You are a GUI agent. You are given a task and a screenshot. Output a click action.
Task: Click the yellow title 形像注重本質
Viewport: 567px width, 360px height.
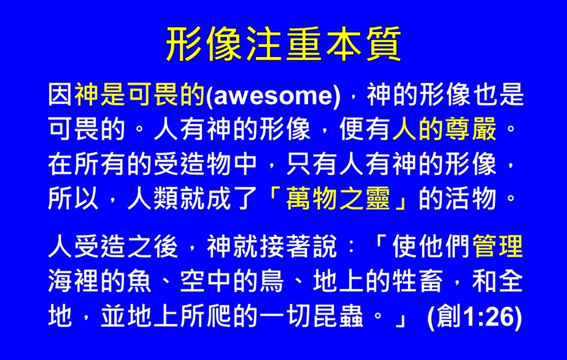click(284, 44)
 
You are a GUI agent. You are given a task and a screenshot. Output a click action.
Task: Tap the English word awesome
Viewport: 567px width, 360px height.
click(272, 95)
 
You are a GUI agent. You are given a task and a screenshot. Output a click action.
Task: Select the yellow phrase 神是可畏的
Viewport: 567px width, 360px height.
click(140, 95)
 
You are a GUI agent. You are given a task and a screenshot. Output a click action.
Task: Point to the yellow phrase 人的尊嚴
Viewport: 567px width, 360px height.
click(444, 129)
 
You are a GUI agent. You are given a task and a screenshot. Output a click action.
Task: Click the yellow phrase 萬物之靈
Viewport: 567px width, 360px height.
click(338, 199)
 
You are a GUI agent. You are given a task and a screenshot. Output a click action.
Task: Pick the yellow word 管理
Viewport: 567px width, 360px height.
click(498, 246)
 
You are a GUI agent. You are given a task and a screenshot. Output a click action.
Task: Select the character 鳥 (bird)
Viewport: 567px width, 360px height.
click(271, 281)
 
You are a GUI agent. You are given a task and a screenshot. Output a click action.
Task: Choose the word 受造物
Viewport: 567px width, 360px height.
click(192, 164)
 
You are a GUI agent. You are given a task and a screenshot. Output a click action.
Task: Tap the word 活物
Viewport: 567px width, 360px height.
click(470, 199)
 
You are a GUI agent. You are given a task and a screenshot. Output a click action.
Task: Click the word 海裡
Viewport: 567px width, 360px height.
click(73, 281)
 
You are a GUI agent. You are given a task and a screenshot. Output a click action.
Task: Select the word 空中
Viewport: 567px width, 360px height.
click(205, 281)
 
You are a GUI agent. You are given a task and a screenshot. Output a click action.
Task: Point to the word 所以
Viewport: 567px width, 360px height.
click(73, 199)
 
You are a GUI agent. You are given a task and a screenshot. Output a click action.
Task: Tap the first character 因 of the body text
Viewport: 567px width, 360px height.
click(60, 95)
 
